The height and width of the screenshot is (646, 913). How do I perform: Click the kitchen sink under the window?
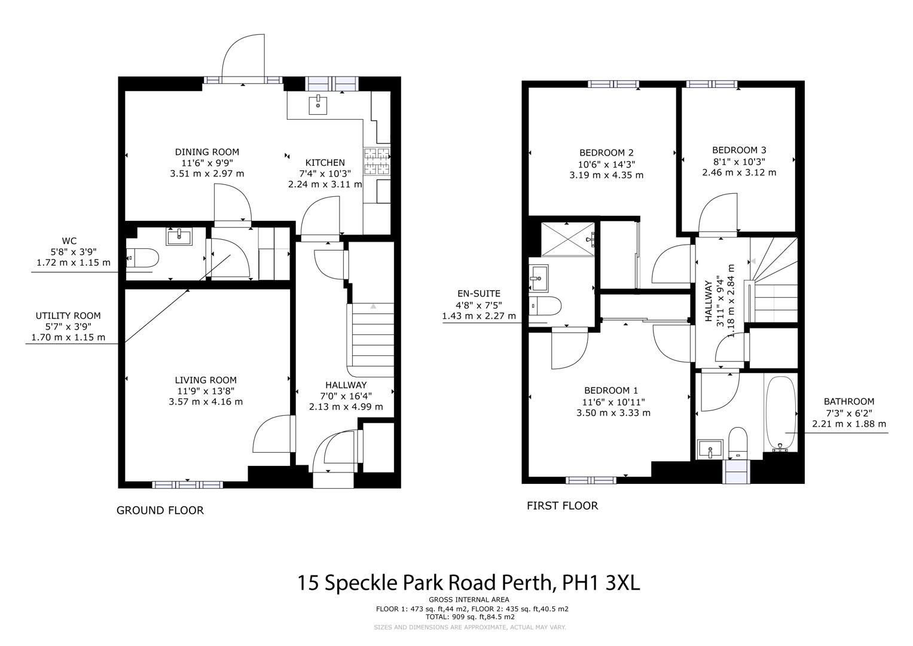(x=318, y=104)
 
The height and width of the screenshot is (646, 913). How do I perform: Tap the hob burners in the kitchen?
(x=376, y=160)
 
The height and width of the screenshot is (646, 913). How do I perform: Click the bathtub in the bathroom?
(x=780, y=413)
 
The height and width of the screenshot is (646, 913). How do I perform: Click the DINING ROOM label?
(x=207, y=152)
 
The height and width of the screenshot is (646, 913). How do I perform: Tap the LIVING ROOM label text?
(x=206, y=380)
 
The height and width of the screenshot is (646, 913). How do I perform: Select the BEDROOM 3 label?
(x=739, y=150)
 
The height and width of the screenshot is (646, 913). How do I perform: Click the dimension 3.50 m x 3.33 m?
(x=613, y=413)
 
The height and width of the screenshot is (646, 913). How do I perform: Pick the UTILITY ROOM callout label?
(x=68, y=316)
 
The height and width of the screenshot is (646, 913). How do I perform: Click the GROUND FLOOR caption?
(x=160, y=510)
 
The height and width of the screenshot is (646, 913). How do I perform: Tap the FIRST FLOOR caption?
(x=562, y=505)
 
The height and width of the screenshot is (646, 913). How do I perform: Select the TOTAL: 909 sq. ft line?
(x=470, y=617)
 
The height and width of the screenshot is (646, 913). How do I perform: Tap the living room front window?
(x=187, y=484)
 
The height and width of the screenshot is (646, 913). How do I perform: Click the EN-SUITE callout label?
(x=478, y=294)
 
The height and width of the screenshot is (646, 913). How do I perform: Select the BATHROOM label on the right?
(x=848, y=401)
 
